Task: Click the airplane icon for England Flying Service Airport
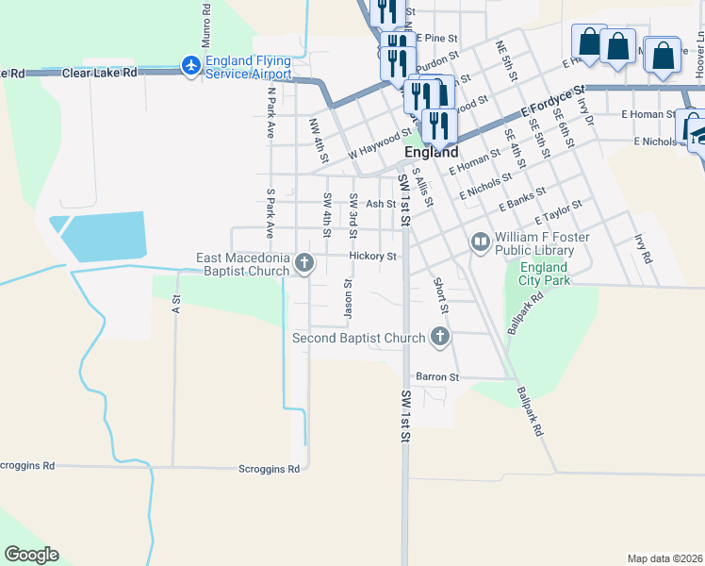190,65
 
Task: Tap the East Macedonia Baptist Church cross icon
304,263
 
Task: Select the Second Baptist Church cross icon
439,336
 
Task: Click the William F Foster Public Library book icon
481,243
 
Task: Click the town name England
432,152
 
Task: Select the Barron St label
438,376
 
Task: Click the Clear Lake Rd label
99,73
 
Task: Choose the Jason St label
348,296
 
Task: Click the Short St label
439,295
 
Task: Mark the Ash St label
381,204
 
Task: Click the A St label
175,303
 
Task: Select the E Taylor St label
559,212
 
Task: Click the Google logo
31,555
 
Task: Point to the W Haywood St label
380,143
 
